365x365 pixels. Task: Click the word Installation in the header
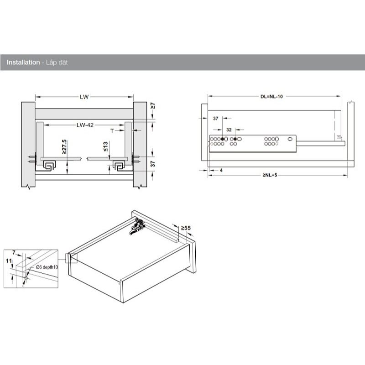coord(23,63)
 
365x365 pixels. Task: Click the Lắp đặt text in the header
coord(57,63)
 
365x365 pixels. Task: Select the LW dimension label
coord(84,97)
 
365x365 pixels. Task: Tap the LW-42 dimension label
coord(85,125)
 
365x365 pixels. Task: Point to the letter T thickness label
coord(112,131)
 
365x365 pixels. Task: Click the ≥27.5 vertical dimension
coord(64,146)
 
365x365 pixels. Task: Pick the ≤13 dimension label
coord(105,146)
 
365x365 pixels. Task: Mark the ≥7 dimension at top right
coord(153,106)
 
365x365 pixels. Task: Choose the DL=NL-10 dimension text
coord(271,96)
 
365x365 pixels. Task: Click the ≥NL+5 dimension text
coord(270,175)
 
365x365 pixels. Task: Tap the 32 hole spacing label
coord(229,130)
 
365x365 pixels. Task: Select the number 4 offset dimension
coord(221,170)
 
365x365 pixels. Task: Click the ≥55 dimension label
coord(186,228)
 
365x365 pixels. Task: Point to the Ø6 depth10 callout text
coord(47,267)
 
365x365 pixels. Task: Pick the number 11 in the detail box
coord(9,261)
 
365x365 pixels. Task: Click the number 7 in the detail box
coord(14,253)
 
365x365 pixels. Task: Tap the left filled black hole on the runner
coord(222,139)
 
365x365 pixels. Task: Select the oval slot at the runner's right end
coord(290,139)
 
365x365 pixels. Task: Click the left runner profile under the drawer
coord(49,166)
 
